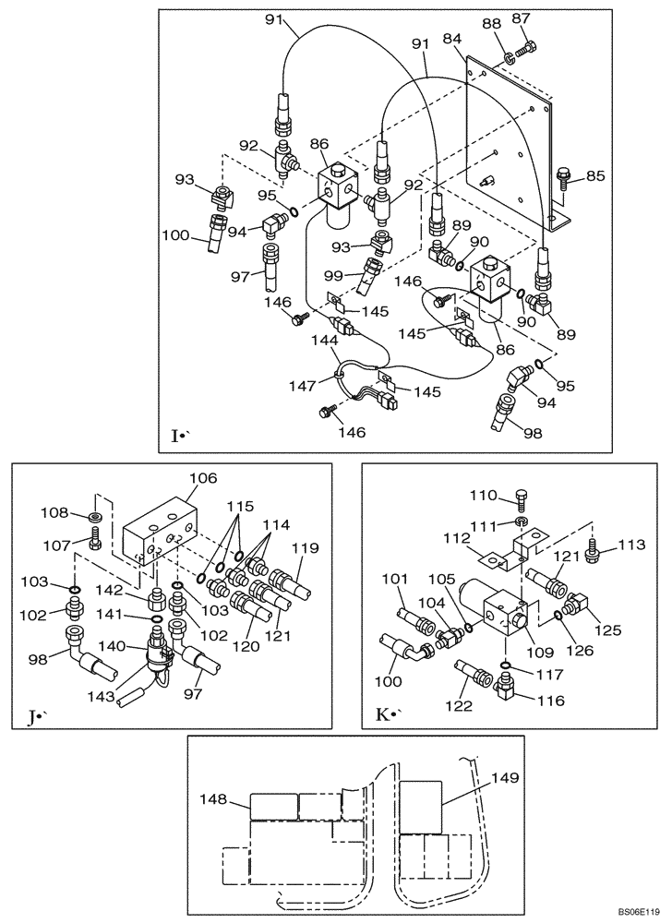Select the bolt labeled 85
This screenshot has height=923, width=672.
(x=566, y=175)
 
